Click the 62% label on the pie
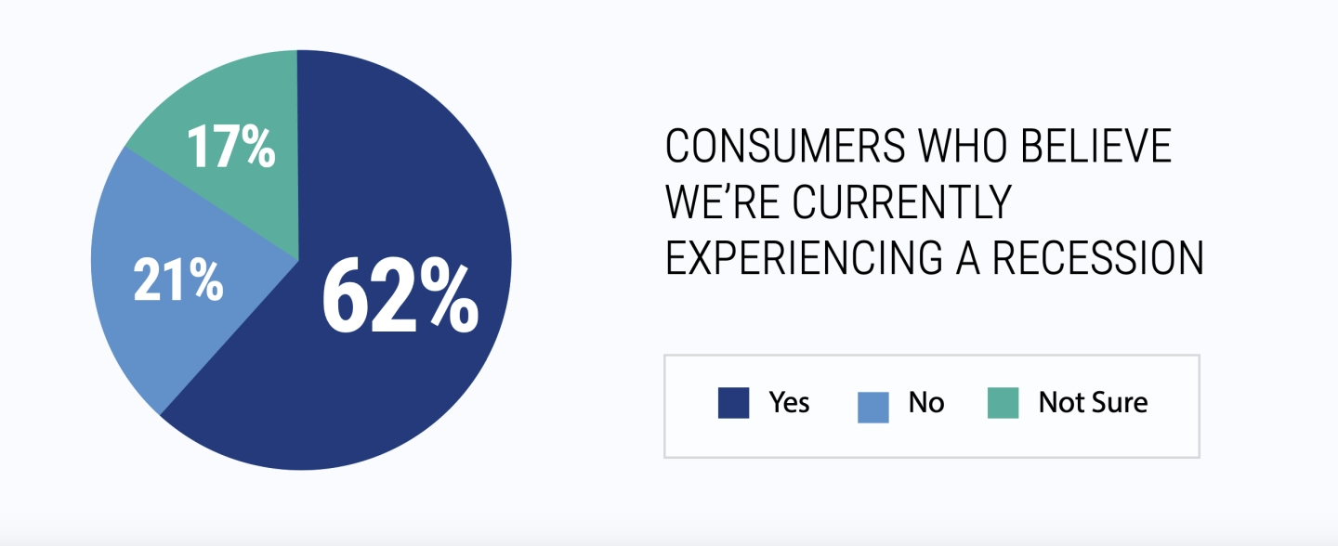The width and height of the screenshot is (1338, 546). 400,295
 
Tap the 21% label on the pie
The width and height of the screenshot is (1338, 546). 178,279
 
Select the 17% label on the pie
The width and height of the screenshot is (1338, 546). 231,146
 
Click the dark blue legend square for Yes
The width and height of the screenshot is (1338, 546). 733,403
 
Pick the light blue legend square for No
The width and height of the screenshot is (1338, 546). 873,408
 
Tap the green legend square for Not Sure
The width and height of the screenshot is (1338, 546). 1003,403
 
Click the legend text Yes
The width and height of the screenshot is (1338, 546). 789,402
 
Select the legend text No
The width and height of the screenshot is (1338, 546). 926,402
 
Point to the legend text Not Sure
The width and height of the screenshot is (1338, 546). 1093,402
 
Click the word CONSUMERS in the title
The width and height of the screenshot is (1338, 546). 785,146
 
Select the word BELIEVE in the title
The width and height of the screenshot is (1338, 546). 1096,146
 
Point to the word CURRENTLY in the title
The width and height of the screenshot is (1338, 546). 902,201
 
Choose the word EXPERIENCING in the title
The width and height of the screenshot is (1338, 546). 804,258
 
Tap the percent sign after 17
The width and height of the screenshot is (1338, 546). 259,146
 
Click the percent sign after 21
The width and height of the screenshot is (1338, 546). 206,279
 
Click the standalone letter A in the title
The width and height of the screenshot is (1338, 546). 967,258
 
